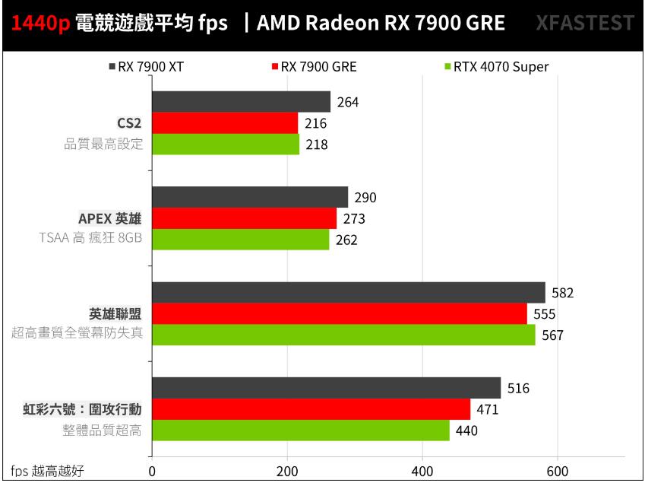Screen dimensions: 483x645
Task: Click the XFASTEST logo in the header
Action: click(x=584, y=23)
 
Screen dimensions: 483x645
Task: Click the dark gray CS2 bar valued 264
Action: click(x=241, y=102)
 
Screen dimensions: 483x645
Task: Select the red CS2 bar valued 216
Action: click(x=225, y=123)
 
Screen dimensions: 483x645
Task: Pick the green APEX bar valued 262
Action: click(x=240, y=240)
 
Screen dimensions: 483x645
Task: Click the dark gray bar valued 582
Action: click(x=348, y=293)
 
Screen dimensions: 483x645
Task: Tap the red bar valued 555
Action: click(x=339, y=313)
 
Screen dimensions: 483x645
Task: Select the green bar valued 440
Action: click(x=300, y=431)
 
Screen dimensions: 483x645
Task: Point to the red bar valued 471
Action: click(x=311, y=409)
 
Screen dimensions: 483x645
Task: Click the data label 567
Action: click(x=552, y=335)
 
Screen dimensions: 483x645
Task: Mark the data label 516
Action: click(x=518, y=389)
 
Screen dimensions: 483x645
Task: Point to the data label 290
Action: click(x=365, y=198)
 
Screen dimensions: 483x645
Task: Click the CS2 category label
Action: click(x=128, y=123)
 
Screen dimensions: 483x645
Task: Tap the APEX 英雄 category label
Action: click(x=110, y=219)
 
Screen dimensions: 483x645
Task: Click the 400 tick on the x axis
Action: click(x=422, y=471)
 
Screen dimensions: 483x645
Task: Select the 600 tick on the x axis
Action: click(x=558, y=471)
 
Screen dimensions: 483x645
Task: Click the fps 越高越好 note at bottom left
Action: click(x=46, y=472)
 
